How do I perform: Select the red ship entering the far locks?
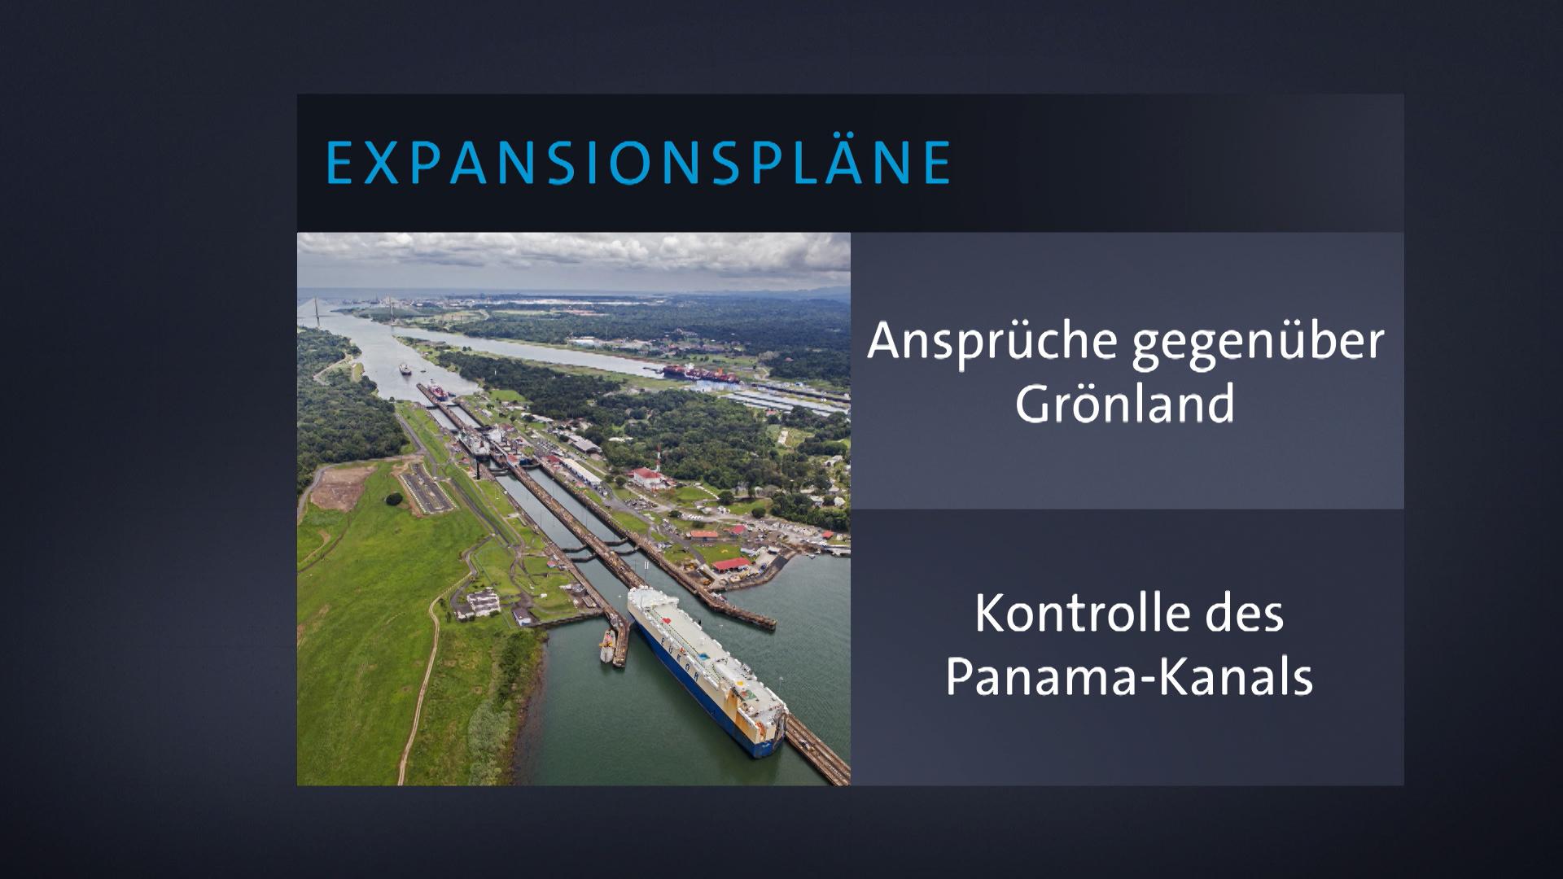437,390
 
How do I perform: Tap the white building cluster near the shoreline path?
483,602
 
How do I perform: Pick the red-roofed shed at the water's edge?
731,563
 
